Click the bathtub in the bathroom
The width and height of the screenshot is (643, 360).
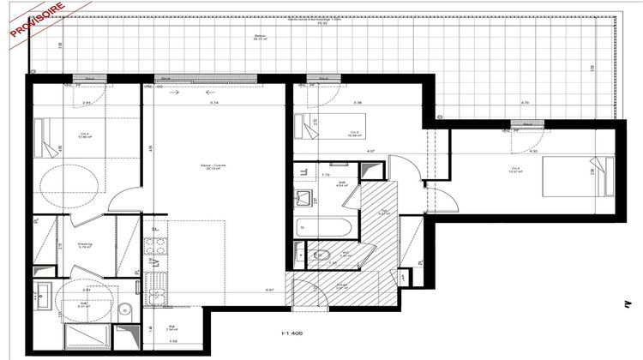pyautogui.click(x=321, y=229)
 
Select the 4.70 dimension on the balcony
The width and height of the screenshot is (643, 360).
pyautogui.click(x=525, y=102)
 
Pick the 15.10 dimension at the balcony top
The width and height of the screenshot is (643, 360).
pyautogui.click(x=322, y=24)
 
